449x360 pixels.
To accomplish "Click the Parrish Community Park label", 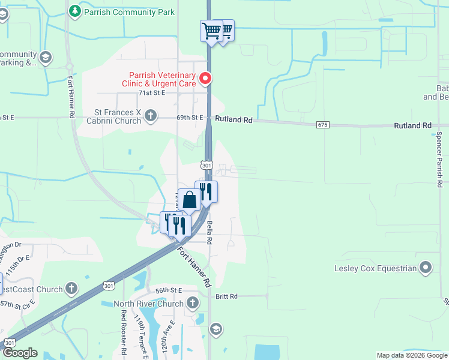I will coord(130,11).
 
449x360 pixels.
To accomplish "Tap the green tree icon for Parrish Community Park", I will coord(74,11).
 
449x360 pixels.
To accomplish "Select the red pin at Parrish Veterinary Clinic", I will coord(205,78).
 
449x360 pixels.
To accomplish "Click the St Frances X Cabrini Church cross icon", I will coord(151,115).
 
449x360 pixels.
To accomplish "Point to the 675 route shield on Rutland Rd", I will coord(323,125).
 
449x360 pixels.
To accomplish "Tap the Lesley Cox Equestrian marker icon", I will coord(426,267).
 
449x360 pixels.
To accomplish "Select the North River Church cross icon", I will coord(192,302).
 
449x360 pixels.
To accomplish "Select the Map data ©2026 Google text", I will coord(411,355).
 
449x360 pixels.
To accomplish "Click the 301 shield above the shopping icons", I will coord(207,165).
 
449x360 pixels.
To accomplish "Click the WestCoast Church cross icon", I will coord(71,289).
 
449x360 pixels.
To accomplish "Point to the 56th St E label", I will coord(168,290).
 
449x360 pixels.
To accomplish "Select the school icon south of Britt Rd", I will coord(215,329).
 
